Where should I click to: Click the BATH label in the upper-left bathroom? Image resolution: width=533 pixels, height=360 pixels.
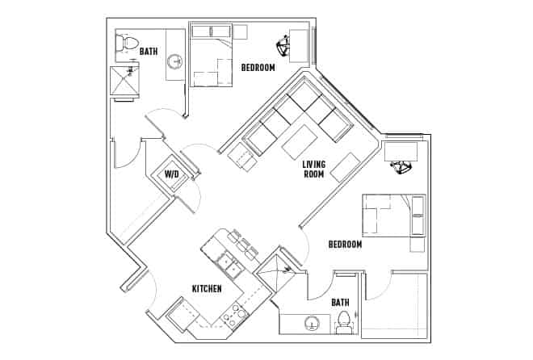point(149,51)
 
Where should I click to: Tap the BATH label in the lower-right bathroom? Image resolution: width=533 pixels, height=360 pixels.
point(341,302)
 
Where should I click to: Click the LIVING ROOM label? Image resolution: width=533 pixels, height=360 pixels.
point(314,170)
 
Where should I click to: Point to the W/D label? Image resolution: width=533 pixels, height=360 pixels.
point(172,174)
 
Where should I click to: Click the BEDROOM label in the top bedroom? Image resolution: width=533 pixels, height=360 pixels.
point(258,68)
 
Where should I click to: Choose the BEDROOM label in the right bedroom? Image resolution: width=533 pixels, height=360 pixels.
point(345,243)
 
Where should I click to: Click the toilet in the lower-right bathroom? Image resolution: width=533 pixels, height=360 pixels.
point(344,320)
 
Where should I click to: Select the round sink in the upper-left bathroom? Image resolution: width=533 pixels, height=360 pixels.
point(174,61)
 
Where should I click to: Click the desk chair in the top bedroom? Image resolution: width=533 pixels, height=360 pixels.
point(288,44)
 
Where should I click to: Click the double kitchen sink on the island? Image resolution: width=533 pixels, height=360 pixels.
point(225,262)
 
